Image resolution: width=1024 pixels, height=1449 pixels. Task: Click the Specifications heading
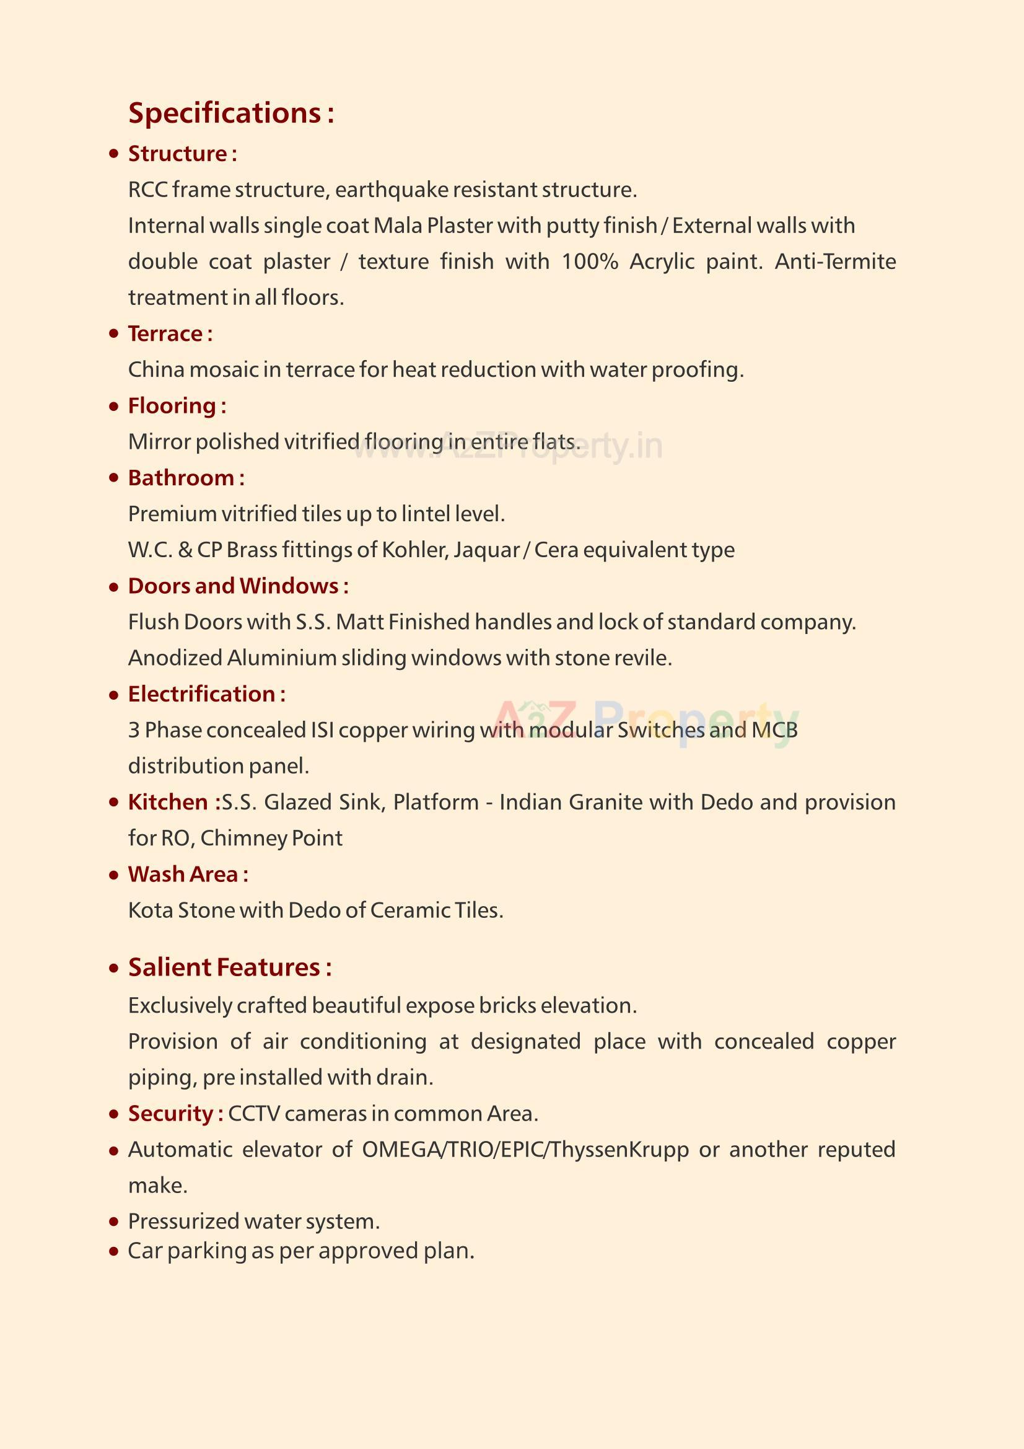tap(231, 113)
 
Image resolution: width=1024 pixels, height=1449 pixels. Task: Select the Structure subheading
tap(182, 154)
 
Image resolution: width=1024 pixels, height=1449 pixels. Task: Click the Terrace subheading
tap(170, 334)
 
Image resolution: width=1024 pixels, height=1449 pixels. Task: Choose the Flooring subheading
tap(177, 406)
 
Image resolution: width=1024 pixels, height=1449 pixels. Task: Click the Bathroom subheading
tap(186, 478)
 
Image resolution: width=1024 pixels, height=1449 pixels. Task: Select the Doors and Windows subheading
tap(238, 586)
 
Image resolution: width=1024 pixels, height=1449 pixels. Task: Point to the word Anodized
tap(175, 658)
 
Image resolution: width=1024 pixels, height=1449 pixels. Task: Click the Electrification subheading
tap(206, 694)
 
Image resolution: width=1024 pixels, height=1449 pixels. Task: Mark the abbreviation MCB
tap(774, 730)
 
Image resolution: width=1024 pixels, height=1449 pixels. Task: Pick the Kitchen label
tap(173, 802)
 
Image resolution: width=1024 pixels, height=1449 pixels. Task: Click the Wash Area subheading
tap(187, 874)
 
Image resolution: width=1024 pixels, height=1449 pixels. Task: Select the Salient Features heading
tap(230, 967)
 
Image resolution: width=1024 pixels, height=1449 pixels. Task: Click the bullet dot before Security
tap(113, 1114)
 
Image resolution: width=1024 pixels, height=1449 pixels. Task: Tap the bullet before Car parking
tap(113, 1251)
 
